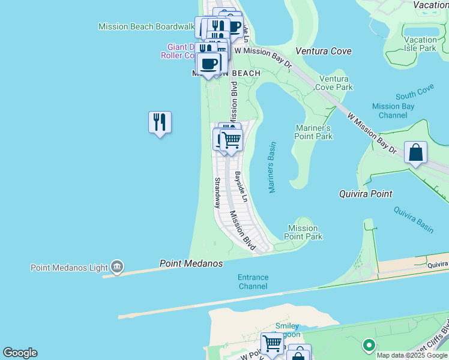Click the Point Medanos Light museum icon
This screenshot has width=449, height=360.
[x=117, y=267]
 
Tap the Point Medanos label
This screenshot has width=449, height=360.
[x=191, y=264]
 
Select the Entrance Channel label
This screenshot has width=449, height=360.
[x=253, y=282]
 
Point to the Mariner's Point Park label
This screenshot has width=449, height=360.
[x=314, y=132]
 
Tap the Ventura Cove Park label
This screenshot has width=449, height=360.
[x=336, y=83]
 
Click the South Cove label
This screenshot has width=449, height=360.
[x=414, y=92]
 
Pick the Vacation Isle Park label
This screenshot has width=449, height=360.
[x=420, y=44]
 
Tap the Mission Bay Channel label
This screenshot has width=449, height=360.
[x=393, y=111]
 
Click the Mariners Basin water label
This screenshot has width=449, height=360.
[x=272, y=167]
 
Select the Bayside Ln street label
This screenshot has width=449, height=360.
[x=241, y=187]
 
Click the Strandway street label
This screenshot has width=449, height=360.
[x=217, y=193]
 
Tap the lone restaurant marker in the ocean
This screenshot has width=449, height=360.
[x=160, y=122]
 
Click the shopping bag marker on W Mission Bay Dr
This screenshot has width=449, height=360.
[x=415, y=153]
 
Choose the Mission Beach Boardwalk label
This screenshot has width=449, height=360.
[x=146, y=26]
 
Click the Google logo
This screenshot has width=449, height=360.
[x=20, y=353]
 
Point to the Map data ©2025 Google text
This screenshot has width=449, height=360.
[x=411, y=355]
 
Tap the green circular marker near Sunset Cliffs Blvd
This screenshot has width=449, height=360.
[x=369, y=346]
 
